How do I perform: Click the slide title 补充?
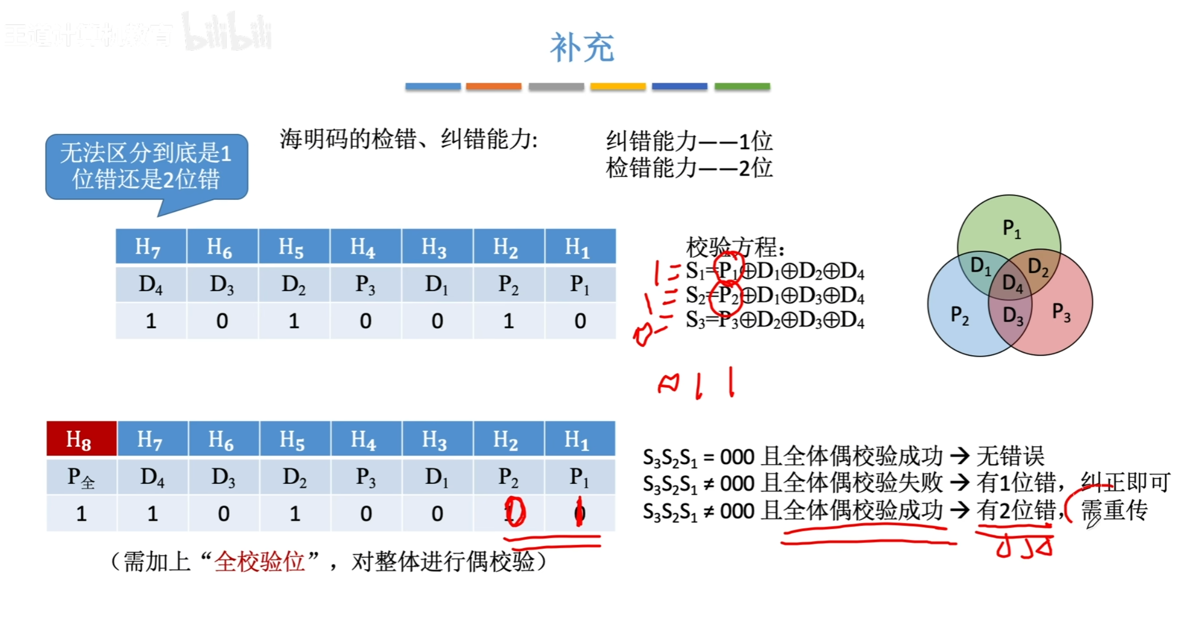coord(582,48)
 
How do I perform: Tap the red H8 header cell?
coord(80,439)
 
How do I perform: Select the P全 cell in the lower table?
coord(80,478)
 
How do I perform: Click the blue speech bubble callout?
coord(146,167)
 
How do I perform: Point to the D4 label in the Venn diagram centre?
coord(1012,284)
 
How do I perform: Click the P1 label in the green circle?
coord(1011,229)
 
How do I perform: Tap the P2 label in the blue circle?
coord(960,316)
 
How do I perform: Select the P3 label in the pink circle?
coord(1061,312)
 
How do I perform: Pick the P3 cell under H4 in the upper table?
coord(365,285)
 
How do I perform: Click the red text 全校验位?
coord(259,562)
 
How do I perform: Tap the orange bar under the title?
coord(493,86)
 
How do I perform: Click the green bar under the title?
coord(742,86)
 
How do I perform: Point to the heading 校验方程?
coord(734,246)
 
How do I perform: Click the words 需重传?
coord(1114,510)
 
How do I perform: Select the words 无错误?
coord(1010,456)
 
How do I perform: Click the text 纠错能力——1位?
coord(689,141)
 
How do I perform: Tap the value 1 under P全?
coord(81,514)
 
